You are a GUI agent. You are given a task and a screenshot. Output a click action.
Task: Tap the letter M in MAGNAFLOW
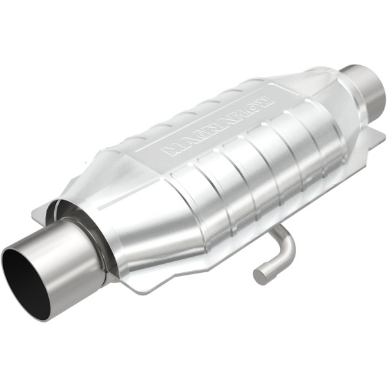click(167, 152)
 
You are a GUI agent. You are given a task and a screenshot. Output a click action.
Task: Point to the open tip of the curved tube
click(259, 276)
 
